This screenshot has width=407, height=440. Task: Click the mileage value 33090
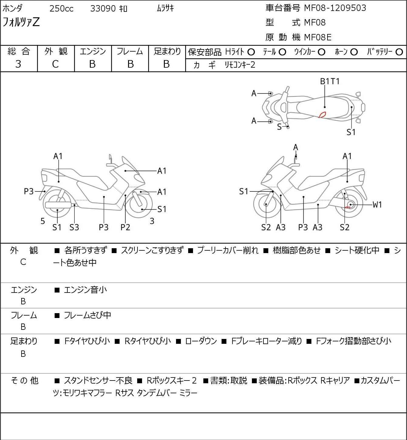(x=103, y=8)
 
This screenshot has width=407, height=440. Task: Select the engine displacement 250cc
(x=61, y=8)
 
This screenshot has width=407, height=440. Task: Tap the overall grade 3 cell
(x=18, y=64)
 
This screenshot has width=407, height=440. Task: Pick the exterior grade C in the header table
(x=55, y=64)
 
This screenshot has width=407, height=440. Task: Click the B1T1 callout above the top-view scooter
(x=330, y=81)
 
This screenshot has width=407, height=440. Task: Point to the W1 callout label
(x=377, y=205)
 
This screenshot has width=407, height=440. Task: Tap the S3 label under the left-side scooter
(x=74, y=227)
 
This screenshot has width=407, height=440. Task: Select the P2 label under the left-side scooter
(x=125, y=227)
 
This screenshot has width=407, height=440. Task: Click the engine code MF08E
(x=317, y=37)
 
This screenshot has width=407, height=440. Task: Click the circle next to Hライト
(x=251, y=52)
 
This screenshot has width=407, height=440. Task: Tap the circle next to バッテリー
(x=399, y=52)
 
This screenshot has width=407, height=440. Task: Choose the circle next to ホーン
(x=354, y=52)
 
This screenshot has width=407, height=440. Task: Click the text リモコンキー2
(x=240, y=65)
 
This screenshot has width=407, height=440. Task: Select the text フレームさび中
(x=87, y=316)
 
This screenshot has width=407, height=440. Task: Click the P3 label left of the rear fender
(x=29, y=191)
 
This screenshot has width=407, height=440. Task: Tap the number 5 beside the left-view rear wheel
(x=43, y=221)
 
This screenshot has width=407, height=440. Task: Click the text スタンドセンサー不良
(x=98, y=381)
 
